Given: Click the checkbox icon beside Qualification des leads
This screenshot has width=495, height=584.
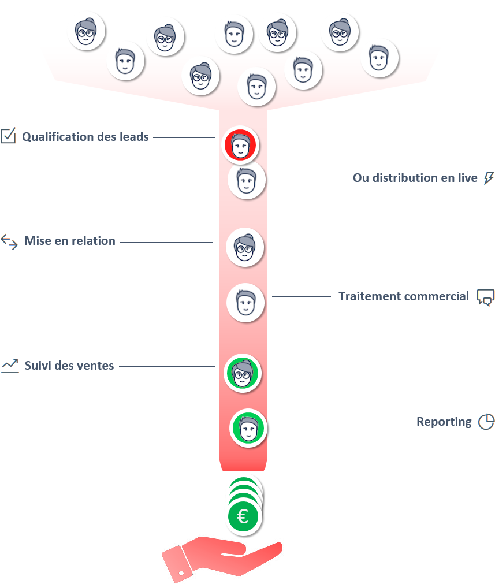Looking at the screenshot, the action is (8, 136).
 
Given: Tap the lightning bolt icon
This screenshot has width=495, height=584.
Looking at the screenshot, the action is (489, 178).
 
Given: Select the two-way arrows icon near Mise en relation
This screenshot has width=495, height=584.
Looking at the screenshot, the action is (9, 241).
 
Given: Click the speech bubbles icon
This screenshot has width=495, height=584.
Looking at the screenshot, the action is (486, 297).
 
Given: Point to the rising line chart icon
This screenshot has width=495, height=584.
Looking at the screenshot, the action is (10, 366).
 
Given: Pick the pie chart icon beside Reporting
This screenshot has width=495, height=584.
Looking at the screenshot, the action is (486, 422).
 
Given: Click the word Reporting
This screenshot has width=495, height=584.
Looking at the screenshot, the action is (444, 422).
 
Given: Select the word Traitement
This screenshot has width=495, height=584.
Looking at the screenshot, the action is (369, 296).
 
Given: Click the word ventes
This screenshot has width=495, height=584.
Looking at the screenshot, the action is (98, 366).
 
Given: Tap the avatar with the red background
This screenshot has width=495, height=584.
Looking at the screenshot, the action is (240, 145).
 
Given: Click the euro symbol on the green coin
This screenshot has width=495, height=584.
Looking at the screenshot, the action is (243, 516).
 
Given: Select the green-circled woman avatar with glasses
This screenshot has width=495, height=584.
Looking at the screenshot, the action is (243, 373).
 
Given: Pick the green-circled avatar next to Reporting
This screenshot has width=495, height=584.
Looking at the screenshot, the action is (248, 428).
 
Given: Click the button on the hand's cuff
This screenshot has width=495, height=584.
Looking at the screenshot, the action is (181, 572).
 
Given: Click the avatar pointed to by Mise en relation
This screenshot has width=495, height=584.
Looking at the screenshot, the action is (245, 247).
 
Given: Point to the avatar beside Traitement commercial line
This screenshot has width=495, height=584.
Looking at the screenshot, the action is (245, 303).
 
